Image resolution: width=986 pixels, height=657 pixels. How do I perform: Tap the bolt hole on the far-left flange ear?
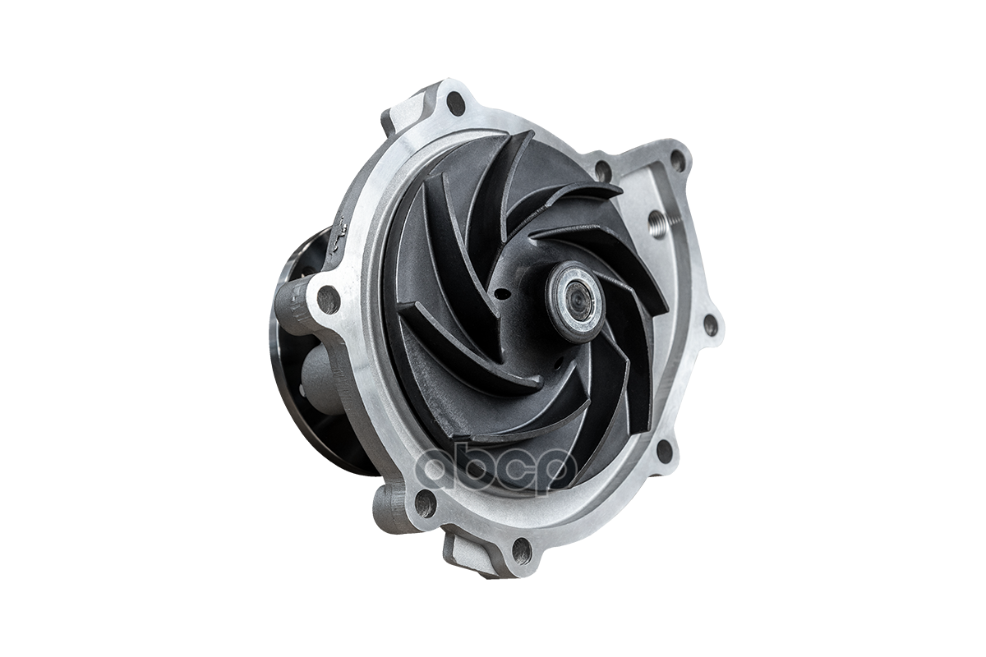click(x=329, y=299)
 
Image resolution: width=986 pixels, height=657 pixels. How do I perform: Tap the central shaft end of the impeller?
click(x=575, y=302)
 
